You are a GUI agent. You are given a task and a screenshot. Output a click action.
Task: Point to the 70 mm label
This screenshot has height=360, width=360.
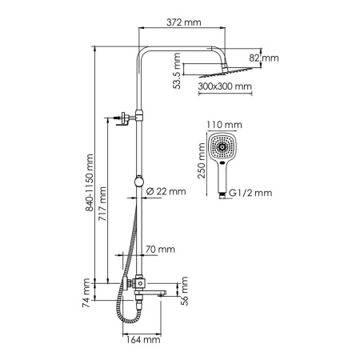[x=162, y=250]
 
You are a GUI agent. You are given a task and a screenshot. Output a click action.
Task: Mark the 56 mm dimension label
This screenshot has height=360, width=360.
[x=183, y=294]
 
